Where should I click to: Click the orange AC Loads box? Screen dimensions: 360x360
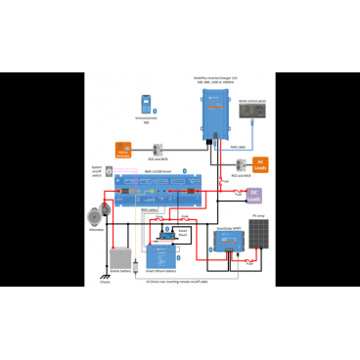[x=259, y=162]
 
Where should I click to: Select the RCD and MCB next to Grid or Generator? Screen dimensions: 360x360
[x=154, y=147]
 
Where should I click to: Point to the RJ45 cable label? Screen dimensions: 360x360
[x=239, y=147]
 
